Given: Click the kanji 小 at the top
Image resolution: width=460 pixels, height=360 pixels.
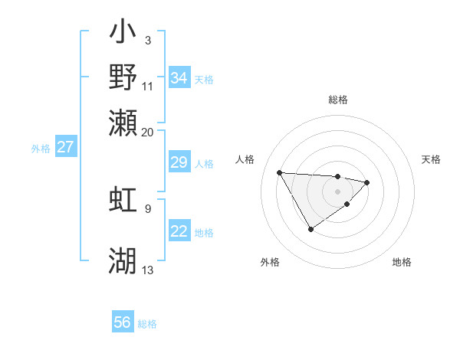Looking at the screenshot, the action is coord(123,33).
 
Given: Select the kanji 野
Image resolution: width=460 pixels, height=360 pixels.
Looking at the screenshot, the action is coord(123,77).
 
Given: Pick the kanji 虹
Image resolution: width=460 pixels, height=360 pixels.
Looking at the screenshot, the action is coord(123,199).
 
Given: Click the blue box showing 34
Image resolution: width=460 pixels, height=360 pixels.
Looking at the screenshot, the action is coord(179,78).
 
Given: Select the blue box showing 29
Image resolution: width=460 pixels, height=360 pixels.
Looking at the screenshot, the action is coord(179,162).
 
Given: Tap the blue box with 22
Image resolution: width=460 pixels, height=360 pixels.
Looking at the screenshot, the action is coord(179,232).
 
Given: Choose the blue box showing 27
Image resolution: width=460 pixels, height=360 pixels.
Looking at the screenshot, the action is coord(65,148).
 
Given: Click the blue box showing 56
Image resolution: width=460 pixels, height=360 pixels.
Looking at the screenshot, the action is coord(122,322).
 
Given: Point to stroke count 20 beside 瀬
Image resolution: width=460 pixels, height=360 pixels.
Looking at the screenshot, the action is coord(148,132).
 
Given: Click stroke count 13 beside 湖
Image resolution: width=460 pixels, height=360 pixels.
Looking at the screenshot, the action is coord(148,270).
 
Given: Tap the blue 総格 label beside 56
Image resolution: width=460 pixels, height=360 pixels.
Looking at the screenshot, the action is coord(147,324).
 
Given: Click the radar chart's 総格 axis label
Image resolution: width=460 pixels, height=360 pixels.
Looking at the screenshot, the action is coord(338,100).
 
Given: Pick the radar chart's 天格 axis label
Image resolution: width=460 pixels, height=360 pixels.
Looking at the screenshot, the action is coord(431,159).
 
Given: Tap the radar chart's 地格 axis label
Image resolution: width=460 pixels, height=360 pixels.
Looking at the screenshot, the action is coord(402,262).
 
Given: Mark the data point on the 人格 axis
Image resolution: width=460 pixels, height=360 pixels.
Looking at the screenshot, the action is coord(280,172).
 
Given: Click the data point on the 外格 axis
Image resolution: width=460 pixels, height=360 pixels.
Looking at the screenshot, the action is coord(310,229).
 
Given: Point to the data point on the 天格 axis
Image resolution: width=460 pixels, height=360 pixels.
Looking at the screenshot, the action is coord(368,182).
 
